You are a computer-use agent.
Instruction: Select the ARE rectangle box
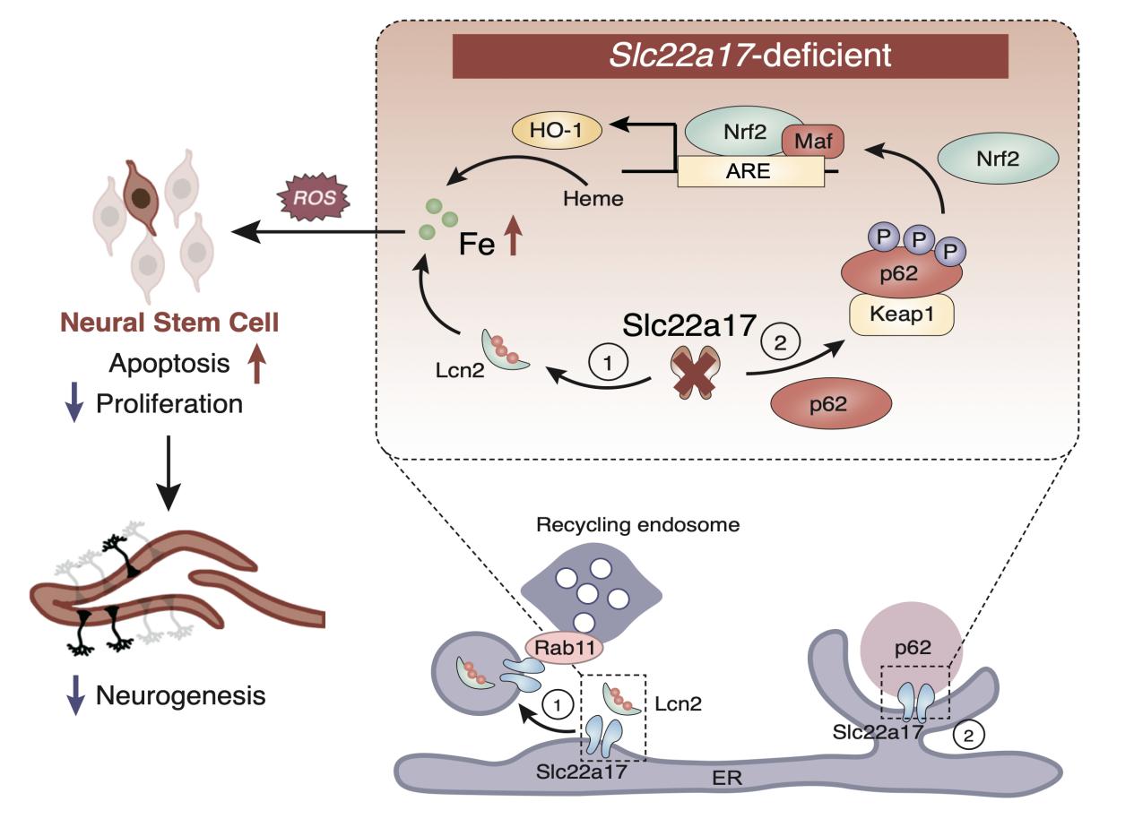click(749, 170)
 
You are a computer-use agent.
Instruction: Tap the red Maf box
click(813, 142)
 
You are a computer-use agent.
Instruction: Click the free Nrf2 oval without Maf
click(998, 158)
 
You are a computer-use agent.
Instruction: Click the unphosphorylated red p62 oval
click(831, 403)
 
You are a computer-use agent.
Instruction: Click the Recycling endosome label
click(637, 524)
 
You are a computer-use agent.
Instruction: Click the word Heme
click(593, 198)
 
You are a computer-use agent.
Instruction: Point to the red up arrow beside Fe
click(513, 240)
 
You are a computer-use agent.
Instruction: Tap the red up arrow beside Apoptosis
click(258, 365)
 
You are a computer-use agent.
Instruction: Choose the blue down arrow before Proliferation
click(74, 403)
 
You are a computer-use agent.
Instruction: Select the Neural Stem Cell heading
click(169, 322)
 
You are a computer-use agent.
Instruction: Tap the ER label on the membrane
click(728, 777)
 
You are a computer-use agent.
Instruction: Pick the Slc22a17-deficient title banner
click(731, 56)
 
